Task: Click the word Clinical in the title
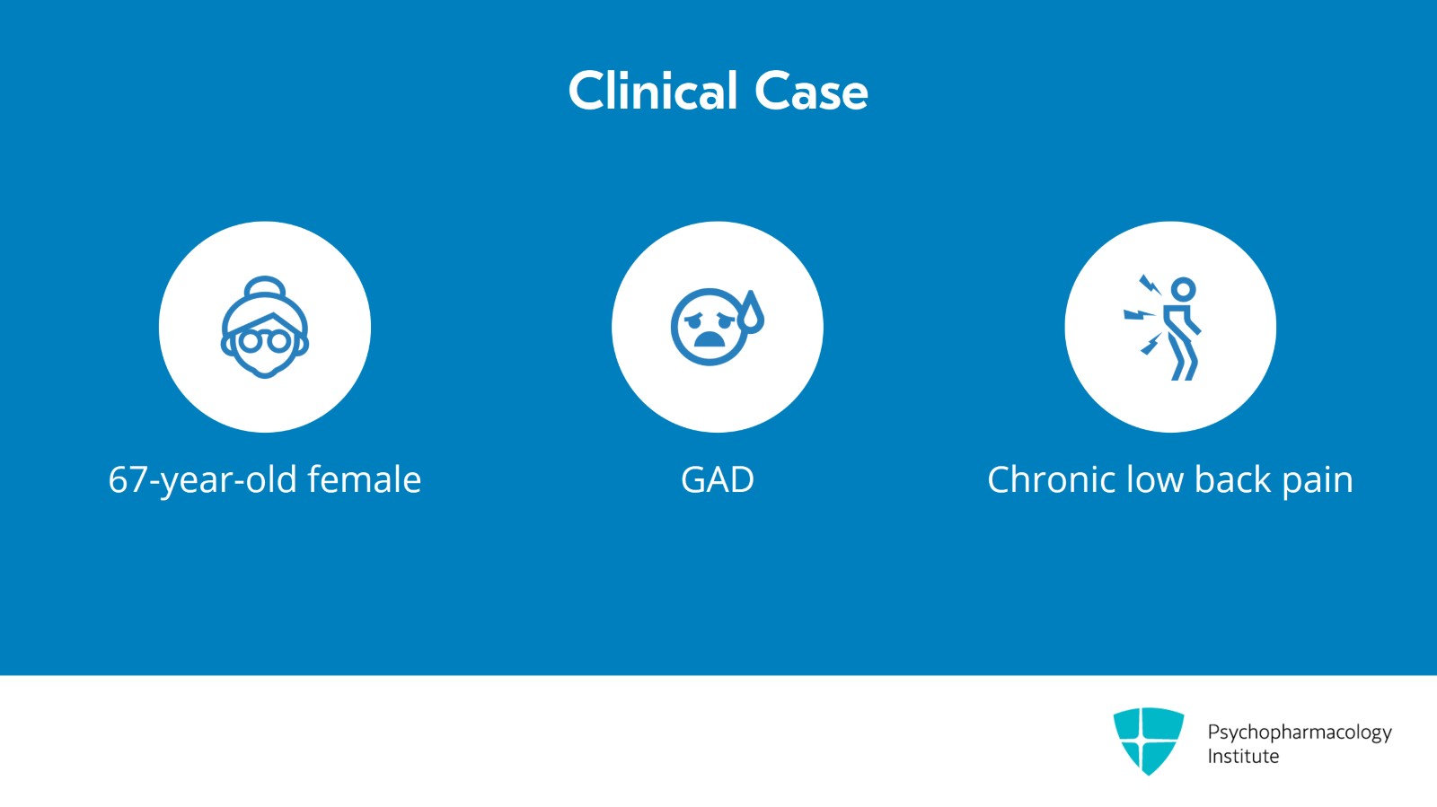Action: point(652,91)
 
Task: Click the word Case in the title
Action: point(811,92)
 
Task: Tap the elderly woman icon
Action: point(265,327)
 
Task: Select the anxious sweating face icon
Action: point(718,327)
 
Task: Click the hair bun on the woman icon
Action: point(265,285)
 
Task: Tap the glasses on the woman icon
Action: point(264,340)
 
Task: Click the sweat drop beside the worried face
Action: point(751,312)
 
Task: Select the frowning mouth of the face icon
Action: point(709,338)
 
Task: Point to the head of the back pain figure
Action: point(1184,289)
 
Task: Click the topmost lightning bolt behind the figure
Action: point(1150,285)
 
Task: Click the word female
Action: point(365,478)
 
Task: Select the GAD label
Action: point(718,479)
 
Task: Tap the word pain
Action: point(1318,482)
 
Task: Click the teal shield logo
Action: point(1149,741)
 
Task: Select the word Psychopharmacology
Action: point(1300,733)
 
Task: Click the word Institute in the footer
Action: point(1243,757)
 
